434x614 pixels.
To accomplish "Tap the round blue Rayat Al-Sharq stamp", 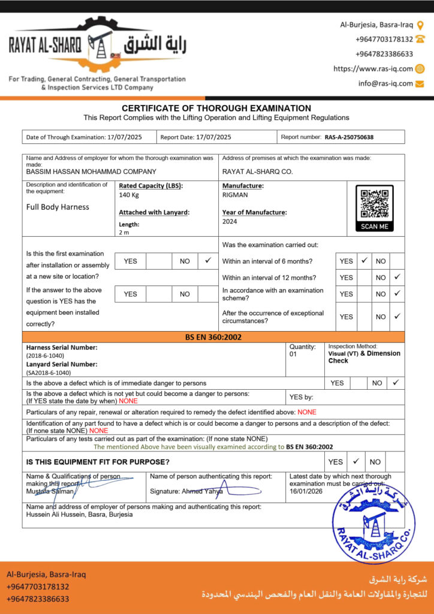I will tap(373, 522).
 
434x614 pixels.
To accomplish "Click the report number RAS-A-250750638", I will tap(349, 137).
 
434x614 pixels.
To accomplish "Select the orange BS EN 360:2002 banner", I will tap(213, 337).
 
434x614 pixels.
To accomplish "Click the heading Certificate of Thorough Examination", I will tap(216, 108).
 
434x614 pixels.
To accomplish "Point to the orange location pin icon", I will tap(420, 25).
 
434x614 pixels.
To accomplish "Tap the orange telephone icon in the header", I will tap(420, 39).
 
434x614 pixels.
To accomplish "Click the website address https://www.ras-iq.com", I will tap(373, 69).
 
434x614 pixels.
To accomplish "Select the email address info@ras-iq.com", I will tap(385, 83).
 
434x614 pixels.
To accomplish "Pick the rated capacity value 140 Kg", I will tap(129, 195).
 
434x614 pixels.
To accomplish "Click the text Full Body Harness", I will tap(58, 207).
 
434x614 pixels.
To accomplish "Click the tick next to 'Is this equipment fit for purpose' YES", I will tap(355, 461).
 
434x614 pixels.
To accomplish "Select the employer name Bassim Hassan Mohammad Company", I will tap(91, 171).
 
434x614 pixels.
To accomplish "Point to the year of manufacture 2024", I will tap(230, 221).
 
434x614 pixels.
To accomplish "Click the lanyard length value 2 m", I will tap(124, 232).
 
